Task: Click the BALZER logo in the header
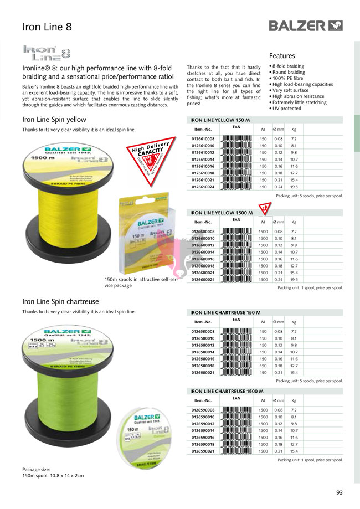click(x=306, y=26)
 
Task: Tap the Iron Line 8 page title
click(x=47, y=27)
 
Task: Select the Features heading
click(x=282, y=56)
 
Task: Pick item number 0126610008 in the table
click(x=203, y=139)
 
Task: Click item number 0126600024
click(x=203, y=280)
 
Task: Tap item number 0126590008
click(x=203, y=410)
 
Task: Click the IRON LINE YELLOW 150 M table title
click(x=220, y=120)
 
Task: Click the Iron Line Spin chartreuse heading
click(x=60, y=301)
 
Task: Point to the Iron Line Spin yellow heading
click(x=54, y=119)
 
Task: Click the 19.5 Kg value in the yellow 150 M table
click(x=294, y=187)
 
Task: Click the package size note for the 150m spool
click(x=53, y=472)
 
